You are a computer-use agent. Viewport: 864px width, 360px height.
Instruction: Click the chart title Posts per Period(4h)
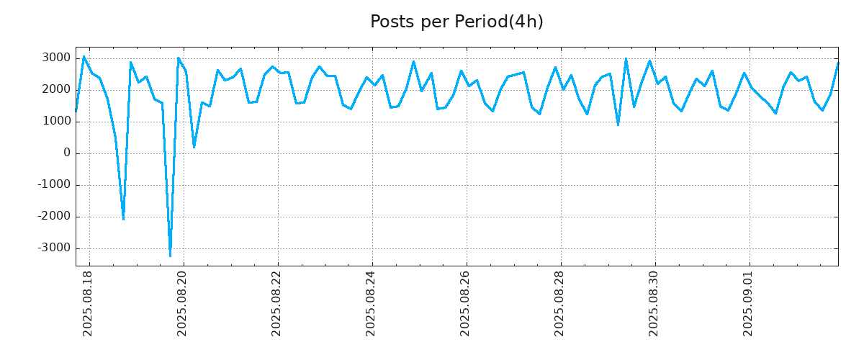coord(456,22)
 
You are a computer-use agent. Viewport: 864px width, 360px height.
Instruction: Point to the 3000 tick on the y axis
coord(55,58)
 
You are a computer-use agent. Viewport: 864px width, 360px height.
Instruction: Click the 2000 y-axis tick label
coord(55,90)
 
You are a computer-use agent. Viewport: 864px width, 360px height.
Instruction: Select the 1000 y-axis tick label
coord(55,122)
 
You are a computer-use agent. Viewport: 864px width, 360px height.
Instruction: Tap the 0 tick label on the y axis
coord(67,153)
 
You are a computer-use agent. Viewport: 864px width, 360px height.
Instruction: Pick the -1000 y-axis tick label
coord(53,185)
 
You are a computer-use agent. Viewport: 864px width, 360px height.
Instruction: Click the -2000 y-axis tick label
coord(53,217)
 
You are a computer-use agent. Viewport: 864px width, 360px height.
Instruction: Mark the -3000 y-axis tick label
coord(53,248)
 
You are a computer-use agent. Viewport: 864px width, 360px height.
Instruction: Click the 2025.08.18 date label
coord(89,303)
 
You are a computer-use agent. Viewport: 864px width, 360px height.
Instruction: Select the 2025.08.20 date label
coord(183,303)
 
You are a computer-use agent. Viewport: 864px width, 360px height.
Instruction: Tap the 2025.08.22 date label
coord(277,303)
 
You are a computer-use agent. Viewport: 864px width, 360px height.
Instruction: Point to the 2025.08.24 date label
coord(372,303)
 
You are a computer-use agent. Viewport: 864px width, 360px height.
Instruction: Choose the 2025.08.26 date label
coord(466,303)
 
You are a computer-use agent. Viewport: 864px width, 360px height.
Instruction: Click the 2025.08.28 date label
coord(560,303)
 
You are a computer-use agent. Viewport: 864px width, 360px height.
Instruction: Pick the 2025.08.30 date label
coord(654,303)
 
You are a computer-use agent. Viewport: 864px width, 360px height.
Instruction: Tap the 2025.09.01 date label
coord(749,303)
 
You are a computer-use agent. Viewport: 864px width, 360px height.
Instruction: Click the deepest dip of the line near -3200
coord(170,256)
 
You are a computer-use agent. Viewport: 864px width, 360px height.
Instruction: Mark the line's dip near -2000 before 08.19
coord(123,219)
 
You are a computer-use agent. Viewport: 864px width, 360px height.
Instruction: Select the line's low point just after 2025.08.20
coord(194,147)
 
